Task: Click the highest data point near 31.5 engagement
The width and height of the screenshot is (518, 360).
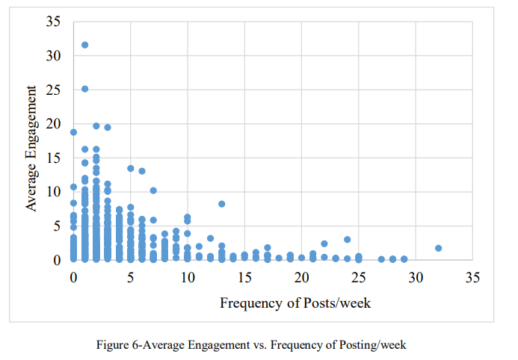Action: pos(84,45)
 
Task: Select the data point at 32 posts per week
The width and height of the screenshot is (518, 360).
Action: pos(438,248)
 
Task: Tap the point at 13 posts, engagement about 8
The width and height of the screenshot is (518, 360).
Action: pos(221,204)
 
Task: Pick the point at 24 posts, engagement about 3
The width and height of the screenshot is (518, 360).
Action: pos(347,240)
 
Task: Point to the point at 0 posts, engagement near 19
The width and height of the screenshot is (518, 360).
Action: pos(73,132)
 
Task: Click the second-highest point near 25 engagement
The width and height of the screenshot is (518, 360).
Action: pos(84,89)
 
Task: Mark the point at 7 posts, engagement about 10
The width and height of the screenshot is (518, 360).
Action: pos(153,190)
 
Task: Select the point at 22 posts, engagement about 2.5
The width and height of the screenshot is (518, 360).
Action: pos(324,243)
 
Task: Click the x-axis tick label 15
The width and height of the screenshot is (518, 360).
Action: pos(244,278)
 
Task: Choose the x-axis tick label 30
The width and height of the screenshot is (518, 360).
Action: pos(415,278)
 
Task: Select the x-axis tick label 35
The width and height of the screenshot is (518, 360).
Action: pos(472,278)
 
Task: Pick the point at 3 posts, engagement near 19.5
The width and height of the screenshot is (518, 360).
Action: pos(108,128)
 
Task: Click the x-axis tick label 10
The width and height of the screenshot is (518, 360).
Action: pos(187,278)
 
